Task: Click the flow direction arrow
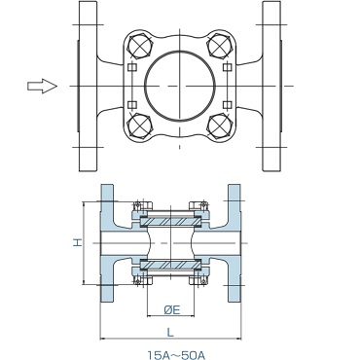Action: (x=42, y=86)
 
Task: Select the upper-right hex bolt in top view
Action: (x=219, y=46)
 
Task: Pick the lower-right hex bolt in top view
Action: (x=219, y=126)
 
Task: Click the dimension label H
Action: (x=77, y=242)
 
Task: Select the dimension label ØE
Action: (x=171, y=310)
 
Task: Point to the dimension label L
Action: (x=170, y=332)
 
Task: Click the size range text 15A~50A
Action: (x=176, y=355)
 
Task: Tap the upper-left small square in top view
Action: (x=131, y=67)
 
